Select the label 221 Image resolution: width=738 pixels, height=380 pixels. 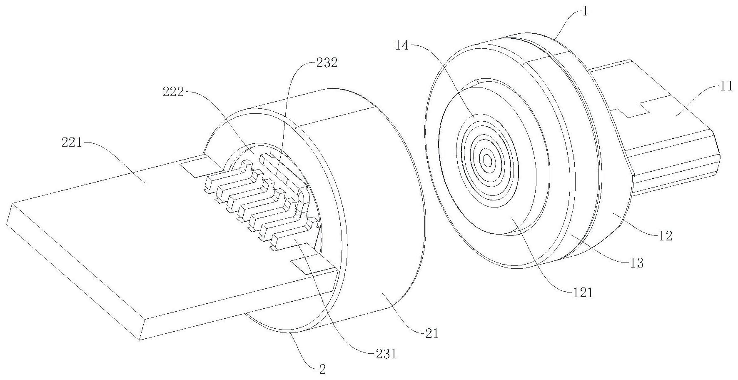[x=72, y=144]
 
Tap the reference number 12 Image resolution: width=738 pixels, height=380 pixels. [x=666, y=236]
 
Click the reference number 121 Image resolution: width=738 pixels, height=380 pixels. [x=582, y=292]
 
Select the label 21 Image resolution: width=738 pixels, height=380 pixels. [x=432, y=334]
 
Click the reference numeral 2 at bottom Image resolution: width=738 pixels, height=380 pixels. [x=322, y=368]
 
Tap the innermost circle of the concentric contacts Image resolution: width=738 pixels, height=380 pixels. [x=488, y=160]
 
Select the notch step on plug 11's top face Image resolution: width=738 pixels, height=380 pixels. [x=633, y=109]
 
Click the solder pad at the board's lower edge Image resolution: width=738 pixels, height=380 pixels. [x=310, y=265]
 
